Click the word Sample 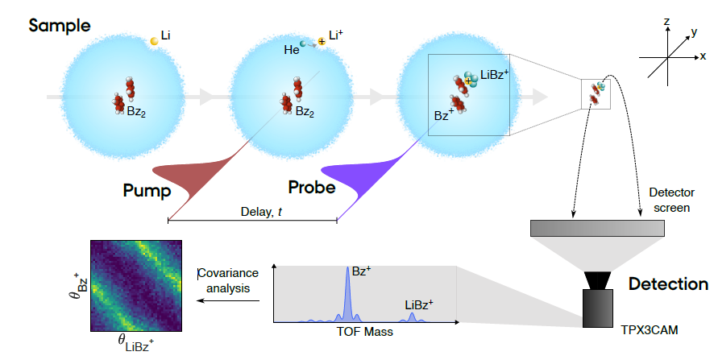coord(60,26)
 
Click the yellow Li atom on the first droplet coord(155,41)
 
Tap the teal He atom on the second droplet coord(303,43)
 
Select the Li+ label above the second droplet coord(335,35)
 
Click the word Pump coord(147,191)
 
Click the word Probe coord(312,187)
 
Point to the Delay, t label coord(261,212)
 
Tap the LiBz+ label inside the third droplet coord(495,75)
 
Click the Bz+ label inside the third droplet coord(444,115)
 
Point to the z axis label coord(666,22)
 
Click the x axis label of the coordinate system coord(704,57)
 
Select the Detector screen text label coord(671,201)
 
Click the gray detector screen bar coord(597,228)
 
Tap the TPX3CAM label coord(650,330)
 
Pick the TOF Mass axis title coord(365,331)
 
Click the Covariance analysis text coord(228,280)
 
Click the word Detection coord(668,284)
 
